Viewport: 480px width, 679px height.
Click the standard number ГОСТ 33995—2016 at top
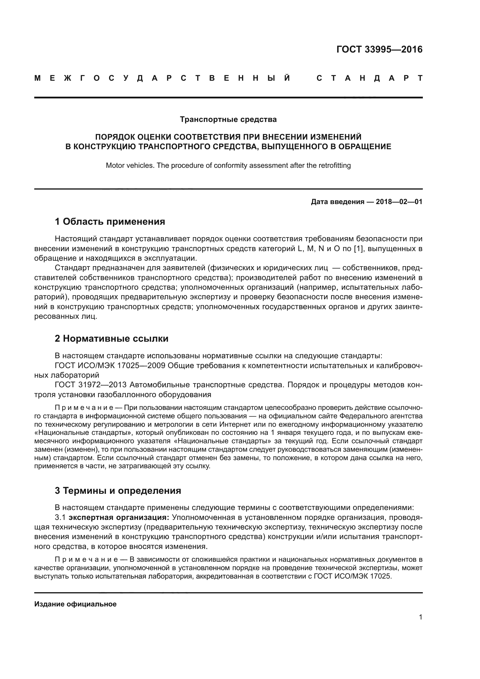click(379, 49)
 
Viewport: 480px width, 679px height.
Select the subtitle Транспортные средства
click(228, 120)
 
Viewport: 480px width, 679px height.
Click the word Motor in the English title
click(114, 165)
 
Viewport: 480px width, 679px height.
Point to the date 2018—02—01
click(399, 202)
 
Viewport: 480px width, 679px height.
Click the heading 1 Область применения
click(110, 221)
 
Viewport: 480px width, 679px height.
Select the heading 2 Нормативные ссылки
click(111, 338)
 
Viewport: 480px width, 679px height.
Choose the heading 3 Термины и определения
click(118, 491)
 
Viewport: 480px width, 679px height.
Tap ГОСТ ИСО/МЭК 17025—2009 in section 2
click(110, 366)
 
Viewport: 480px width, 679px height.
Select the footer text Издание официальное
click(75, 604)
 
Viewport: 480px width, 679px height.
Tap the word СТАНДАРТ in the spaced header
click(369, 78)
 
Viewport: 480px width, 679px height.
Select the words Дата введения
click(337, 202)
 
